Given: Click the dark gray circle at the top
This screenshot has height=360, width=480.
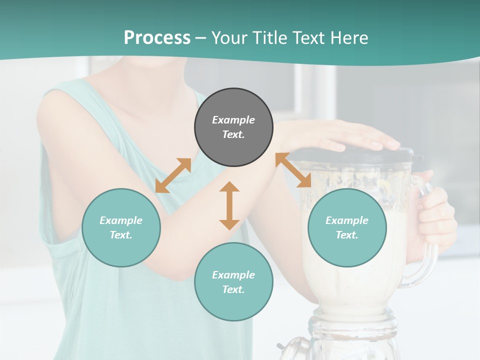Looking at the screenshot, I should coord(233,127).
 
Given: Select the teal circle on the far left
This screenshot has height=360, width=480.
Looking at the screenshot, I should coord(121,227).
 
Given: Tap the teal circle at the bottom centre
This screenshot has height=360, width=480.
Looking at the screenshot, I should coord(233,282).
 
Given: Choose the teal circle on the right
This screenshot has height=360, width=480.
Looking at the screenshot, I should coord(347,227).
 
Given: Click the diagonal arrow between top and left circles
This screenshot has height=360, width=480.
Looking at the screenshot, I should coord(173,175).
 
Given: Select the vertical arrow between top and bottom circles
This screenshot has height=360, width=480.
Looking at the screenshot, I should coord(229,205).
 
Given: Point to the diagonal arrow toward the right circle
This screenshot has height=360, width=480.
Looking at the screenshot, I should coord(293,170).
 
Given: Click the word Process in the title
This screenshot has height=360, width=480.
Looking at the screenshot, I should coord(157,37).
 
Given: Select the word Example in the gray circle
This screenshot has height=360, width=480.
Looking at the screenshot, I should coord(233,120).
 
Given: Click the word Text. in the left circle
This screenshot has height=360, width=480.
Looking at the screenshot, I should coord(121,235).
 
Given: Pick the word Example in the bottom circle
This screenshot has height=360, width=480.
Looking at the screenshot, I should coord(233,275).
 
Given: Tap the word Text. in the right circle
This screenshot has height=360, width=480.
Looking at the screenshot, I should coord(347,235).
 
